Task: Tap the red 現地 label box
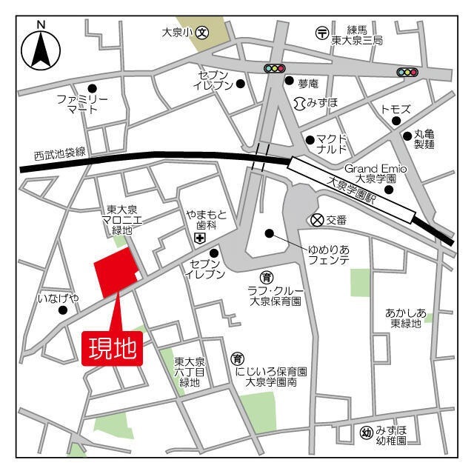click(111, 348)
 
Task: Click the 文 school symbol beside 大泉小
click(202, 33)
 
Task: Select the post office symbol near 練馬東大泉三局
click(322, 33)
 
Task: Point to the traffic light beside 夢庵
click(275, 69)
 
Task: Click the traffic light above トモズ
click(407, 72)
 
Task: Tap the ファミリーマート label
click(82, 104)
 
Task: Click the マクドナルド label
click(331, 144)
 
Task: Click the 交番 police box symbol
click(316, 219)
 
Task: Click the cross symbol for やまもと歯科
click(198, 238)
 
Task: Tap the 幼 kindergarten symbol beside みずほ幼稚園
click(366, 433)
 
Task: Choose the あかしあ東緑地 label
click(405, 318)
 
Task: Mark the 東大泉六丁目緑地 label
click(189, 373)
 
